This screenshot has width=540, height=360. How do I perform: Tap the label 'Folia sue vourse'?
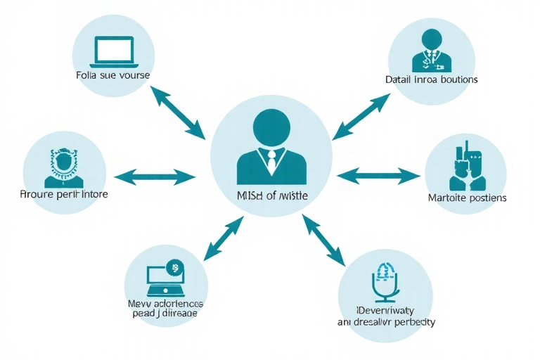click(112, 74)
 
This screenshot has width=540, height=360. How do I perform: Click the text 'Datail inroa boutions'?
click(432, 79)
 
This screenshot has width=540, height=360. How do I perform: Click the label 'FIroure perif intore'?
click(64, 194)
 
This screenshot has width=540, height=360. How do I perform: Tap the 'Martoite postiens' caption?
click(467, 198)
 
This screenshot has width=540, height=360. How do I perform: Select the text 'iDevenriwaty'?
click(385, 309)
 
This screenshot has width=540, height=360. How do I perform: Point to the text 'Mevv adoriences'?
click(165, 303)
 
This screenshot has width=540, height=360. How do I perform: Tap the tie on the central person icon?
click(271, 162)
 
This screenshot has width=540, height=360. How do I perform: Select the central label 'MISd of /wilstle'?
click(271, 195)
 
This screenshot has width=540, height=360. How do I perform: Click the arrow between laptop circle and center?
click(179, 112)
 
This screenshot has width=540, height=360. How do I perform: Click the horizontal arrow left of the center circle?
click(154, 176)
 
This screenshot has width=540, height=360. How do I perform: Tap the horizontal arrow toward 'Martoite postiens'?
click(378, 175)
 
